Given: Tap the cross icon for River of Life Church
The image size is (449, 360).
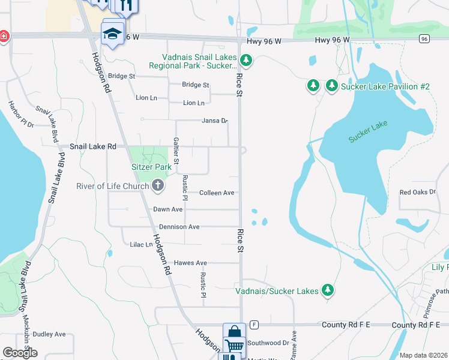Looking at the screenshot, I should point(158,185).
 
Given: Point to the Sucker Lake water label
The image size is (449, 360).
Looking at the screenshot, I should point(368,132).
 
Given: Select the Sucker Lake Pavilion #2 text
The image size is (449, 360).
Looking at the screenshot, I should point(385,86).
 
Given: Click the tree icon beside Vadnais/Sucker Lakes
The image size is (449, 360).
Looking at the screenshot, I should point(327,290).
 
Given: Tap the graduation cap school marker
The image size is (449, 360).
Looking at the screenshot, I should point(112,33).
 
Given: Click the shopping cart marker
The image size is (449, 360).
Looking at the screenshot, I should point(234,345).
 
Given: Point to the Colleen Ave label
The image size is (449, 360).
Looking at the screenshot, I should point(217,193).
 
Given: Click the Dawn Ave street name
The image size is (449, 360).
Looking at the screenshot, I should point(167,209).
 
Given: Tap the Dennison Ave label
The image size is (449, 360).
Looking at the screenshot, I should point(179,227).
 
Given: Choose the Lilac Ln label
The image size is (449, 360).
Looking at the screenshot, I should point(141,245).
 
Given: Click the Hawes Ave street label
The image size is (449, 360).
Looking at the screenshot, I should point(190,263).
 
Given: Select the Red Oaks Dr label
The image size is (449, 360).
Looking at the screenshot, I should point(417,192).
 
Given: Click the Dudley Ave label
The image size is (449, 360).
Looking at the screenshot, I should point(49,334).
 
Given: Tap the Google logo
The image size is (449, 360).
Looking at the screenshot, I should point(20,353).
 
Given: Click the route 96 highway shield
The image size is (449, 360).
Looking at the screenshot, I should point(424,38).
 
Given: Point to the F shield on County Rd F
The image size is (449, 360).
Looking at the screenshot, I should point(255,325).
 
